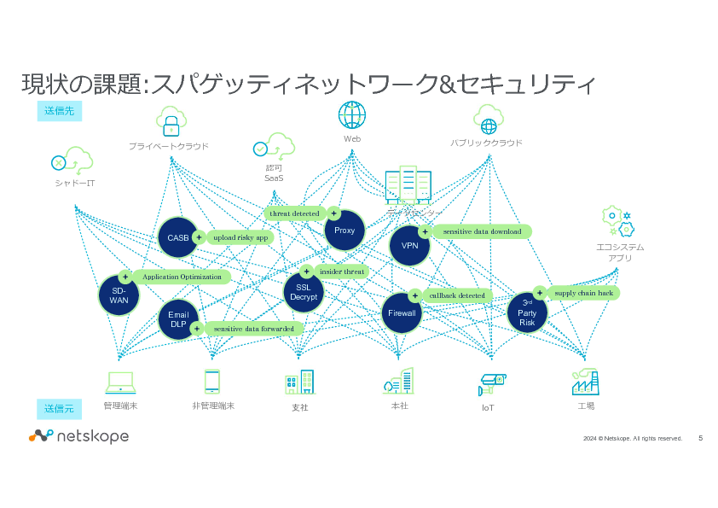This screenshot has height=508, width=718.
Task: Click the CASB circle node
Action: click(x=178, y=237)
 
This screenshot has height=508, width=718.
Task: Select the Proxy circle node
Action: click(x=345, y=231)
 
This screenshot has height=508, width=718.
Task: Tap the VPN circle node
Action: click(x=409, y=246)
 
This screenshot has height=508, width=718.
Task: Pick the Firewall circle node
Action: click(x=402, y=313)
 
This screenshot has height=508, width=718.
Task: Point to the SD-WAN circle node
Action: click(x=119, y=296)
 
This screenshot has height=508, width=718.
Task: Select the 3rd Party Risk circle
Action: click(x=527, y=312)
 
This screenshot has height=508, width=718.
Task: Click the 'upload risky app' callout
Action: click(x=240, y=237)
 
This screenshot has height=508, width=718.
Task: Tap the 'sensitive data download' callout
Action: click(x=481, y=231)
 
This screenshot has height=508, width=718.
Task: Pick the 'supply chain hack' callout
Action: click(x=582, y=293)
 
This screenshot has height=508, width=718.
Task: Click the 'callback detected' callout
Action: click(x=455, y=295)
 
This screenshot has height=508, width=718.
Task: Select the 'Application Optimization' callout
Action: click(x=181, y=277)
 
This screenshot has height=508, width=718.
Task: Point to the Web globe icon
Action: click(x=352, y=114)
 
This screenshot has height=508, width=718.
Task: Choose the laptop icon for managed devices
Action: click(x=119, y=382)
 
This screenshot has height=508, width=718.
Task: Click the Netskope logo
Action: click(x=78, y=436)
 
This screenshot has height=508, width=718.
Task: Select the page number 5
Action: click(x=700, y=438)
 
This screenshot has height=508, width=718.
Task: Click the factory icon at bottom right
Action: click(x=584, y=382)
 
